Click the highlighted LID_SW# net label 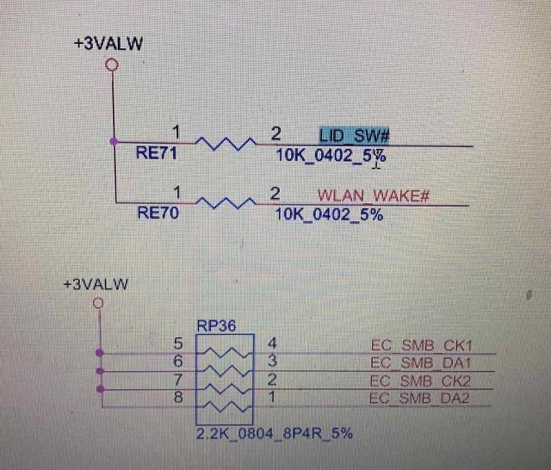click(355, 135)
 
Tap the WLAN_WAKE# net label click(373, 195)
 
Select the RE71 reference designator click(158, 154)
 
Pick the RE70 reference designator click(158, 213)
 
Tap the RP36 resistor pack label click(215, 326)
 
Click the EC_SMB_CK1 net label click(421, 346)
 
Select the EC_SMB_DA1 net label click(421, 363)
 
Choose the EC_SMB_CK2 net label click(421, 380)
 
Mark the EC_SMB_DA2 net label click(421, 398)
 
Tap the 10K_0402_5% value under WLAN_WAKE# click(329, 213)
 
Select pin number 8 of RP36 click(178, 398)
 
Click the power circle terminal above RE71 click(109, 65)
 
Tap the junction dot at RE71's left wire click(114, 141)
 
